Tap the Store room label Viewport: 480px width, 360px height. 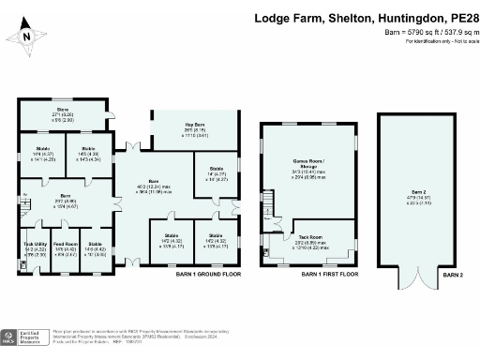click(x=62, y=111)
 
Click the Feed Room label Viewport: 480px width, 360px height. click(x=65, y=243)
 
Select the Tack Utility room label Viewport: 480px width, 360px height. click(x=34, y=243)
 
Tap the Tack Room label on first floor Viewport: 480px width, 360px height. click(x=310, y=237)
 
